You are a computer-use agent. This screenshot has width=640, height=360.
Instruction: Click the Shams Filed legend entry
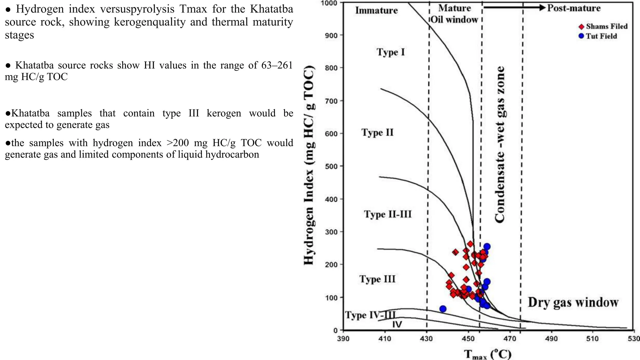(x=603, y=27)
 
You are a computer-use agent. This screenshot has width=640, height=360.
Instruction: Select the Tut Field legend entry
(x=598, y=36)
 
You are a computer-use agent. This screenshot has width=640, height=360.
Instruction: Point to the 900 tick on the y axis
(x=331, y=35)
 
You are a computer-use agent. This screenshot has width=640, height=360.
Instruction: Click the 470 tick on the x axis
(x=510, y=338)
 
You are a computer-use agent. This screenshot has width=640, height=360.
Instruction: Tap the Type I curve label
(x=391, y=52)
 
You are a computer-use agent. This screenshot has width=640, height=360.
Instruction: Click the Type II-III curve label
(x=388, y=214)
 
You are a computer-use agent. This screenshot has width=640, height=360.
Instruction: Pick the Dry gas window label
(x=573, y=302)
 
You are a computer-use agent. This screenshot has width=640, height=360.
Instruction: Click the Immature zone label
(x=377, y=11)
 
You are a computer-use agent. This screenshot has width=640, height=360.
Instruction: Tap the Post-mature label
(x=574, y=8)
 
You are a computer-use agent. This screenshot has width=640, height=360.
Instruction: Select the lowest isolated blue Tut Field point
(x=442, y=309)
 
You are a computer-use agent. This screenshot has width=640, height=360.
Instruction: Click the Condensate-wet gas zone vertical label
(x=500, y=144)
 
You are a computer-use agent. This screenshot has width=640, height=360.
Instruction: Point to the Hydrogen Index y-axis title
(x=309, y=166)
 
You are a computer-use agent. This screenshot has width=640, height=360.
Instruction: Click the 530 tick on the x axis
(x=634, y=338)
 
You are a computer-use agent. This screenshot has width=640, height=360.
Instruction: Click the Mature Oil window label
(x=455, y=14)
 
